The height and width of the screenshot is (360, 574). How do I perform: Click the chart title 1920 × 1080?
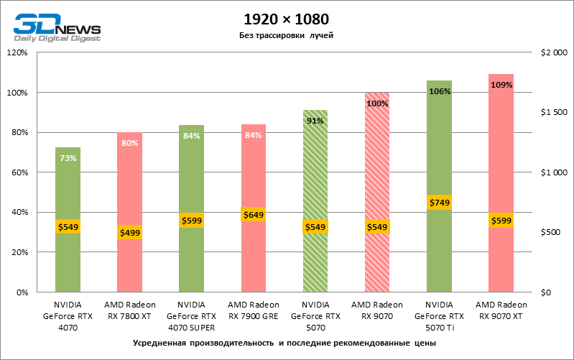287,19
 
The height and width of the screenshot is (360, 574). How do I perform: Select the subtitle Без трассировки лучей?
287,35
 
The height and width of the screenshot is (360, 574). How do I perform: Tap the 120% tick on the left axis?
17,52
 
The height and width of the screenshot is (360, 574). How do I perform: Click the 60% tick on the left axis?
19,172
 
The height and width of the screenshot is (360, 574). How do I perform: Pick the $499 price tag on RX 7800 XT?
129,232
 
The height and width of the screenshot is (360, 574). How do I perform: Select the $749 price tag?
439,203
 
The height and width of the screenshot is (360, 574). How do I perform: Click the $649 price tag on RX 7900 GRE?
253,214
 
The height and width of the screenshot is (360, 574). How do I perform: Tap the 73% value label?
68,158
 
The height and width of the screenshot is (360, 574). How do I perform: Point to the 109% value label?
501,85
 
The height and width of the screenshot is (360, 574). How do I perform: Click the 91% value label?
315,121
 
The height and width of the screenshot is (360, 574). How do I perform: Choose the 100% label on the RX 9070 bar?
377,103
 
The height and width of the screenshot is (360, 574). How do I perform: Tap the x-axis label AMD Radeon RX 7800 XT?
129,310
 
